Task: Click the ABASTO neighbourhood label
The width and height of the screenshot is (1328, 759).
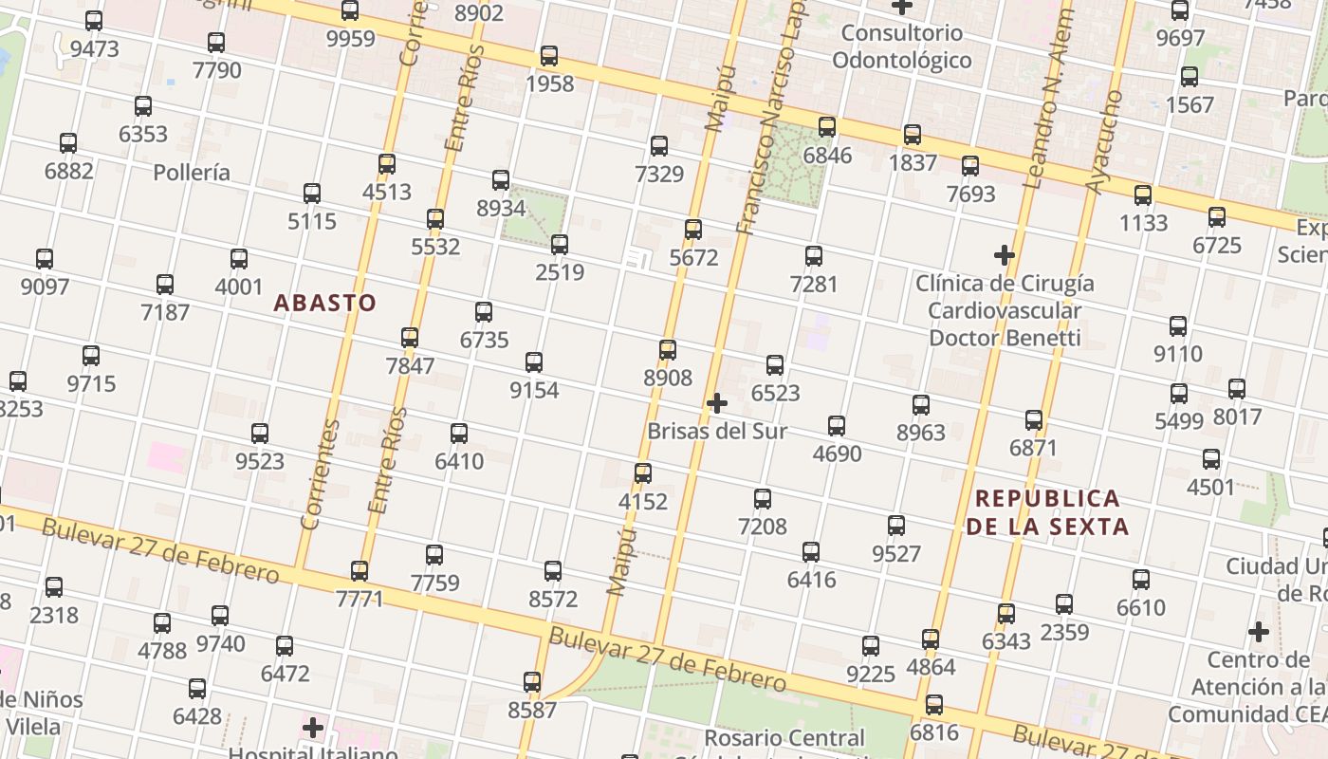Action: pyautogui.click(x=325, y=303)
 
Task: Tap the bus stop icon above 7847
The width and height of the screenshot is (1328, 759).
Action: pyautogui.click(x=410, y=338)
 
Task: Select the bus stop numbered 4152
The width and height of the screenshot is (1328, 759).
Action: pyautogui.click(x=643, y=473)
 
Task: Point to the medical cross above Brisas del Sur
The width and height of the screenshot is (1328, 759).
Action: pyautogui.click(x=717, y=403)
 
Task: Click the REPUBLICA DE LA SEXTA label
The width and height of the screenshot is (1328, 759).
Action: pyautogui.click(x=1047, y=511)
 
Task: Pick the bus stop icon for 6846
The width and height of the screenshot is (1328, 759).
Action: pyautogui.click(x=827, y=127)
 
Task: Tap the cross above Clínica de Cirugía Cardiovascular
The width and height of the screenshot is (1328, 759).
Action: pyautogui.click(x=1005, y=255)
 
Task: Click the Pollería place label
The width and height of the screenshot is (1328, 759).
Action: pyautogui.click(x=192, y=173)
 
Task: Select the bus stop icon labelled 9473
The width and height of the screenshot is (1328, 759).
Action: pyautogui.click(x=94, y=21)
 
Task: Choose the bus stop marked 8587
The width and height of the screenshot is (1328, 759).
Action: pyautogui.click(x=532, y=682)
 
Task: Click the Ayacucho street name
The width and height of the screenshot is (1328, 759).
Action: pyautogui.click(x=1104, y=142)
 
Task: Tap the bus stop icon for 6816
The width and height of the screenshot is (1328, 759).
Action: pyautogui.click(x=934, y=705)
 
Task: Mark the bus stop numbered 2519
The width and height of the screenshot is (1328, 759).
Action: pyautogui.click(x=560, y=245)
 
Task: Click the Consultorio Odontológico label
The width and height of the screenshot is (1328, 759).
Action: pyautogui.click(x=902, y=46)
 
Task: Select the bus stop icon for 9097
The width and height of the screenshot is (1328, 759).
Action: pyautogui.click(x=45, y=259)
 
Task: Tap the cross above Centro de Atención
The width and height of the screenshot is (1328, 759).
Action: pyautogui.click(x=1259, y=632)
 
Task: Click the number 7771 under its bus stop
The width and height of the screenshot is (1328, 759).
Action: pyautogui.click(x=360, y=599)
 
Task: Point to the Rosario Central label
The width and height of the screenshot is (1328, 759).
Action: pyautogui.click(x=784, y=738)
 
